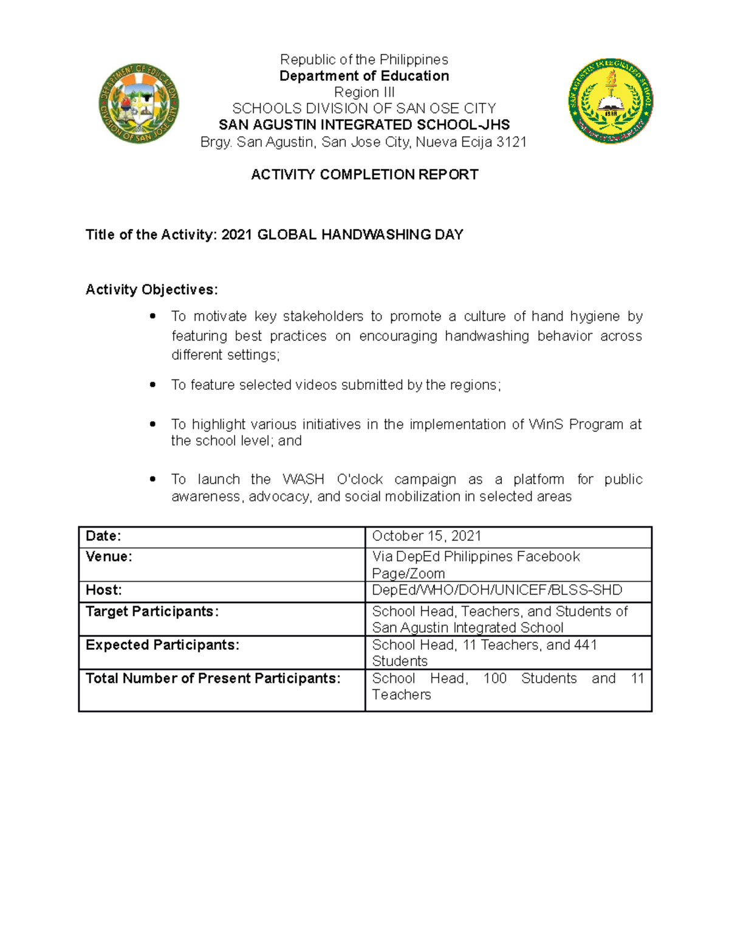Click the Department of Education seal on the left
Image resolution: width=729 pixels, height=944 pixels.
(139, 103)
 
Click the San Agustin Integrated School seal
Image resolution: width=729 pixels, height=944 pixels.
(611, 101)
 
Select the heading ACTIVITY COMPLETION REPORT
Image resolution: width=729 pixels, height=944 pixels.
(364, 175)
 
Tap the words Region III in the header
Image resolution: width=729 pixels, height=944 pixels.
(364, 92)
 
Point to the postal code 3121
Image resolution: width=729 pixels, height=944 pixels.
(512, 142)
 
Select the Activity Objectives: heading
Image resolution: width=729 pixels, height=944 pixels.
(151, 290)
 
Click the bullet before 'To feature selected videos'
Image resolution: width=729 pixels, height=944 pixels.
(153, 385)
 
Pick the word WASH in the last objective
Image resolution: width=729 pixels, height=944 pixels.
(303, 480)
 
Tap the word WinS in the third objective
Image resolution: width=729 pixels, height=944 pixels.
(546, 424)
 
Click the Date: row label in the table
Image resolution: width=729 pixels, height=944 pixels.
(103, 536)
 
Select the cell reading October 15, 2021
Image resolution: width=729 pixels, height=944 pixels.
(426, 536)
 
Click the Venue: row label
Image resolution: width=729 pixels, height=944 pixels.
(109, 557)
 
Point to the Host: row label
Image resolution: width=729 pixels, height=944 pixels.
(103, 590)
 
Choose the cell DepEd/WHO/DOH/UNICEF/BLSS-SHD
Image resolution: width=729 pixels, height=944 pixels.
(497, 590)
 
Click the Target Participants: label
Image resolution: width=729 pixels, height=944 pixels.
(152, 612)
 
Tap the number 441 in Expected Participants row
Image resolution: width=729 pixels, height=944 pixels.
(585, 645)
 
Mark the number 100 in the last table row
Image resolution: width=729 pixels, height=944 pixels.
(495, 678)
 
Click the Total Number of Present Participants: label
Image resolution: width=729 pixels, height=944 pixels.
(213, 678)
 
